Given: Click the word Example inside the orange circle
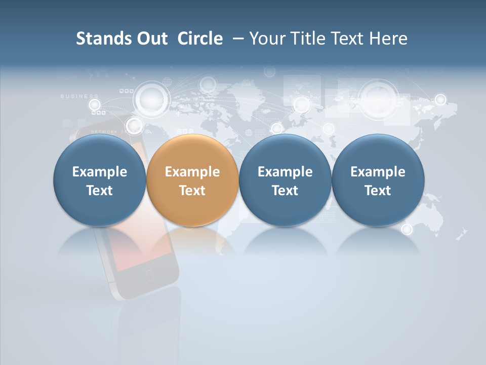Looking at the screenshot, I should point(192,172).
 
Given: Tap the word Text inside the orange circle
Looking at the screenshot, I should point(192,191).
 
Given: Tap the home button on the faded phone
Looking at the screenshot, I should point(149,276).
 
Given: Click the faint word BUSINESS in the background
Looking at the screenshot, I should point(79,96).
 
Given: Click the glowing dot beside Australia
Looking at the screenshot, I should point(407,229).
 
